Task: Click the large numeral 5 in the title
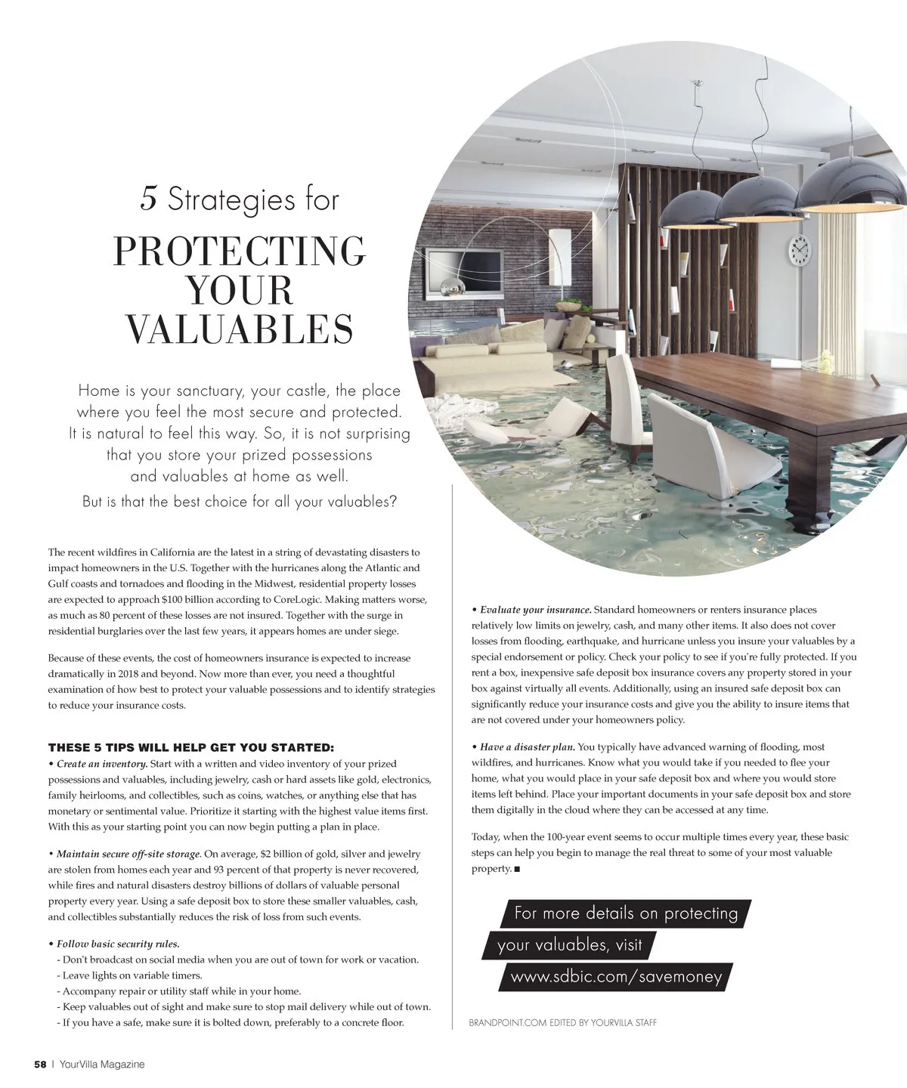tap(148, 199)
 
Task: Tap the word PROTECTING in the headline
tap(239, 252)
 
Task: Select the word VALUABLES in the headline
tap(239, 329)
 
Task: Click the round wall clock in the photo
tap(799, 249)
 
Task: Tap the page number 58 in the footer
tap(41, 1065)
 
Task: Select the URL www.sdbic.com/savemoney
tap(616, 977)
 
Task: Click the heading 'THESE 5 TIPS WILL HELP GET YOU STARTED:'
tap(190, 748)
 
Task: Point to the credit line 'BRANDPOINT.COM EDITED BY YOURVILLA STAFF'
tap(562, 1023)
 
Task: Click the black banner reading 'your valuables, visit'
tap(569, 945)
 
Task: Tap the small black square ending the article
tap(517, 870)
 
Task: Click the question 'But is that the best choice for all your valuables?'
tap(239, 502)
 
